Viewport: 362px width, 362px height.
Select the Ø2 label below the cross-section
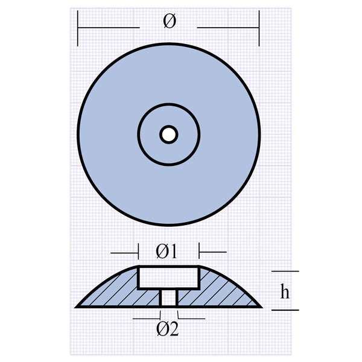tap(167, 329)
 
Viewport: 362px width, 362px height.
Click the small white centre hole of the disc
tap(168, 134)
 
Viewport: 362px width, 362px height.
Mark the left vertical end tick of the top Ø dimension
tap(78, 29)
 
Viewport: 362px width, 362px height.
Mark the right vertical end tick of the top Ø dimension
tap(259, 29)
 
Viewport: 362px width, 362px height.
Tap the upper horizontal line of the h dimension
tap(285, 271)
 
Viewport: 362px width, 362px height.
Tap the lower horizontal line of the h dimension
tap(285, 310)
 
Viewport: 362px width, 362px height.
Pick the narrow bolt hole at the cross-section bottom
tap(169, 298)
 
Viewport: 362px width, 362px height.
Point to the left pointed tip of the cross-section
tap(77, 306)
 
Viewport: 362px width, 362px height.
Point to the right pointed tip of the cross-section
tap(261, 306)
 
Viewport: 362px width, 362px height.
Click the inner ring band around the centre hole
tap(151, 134)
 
